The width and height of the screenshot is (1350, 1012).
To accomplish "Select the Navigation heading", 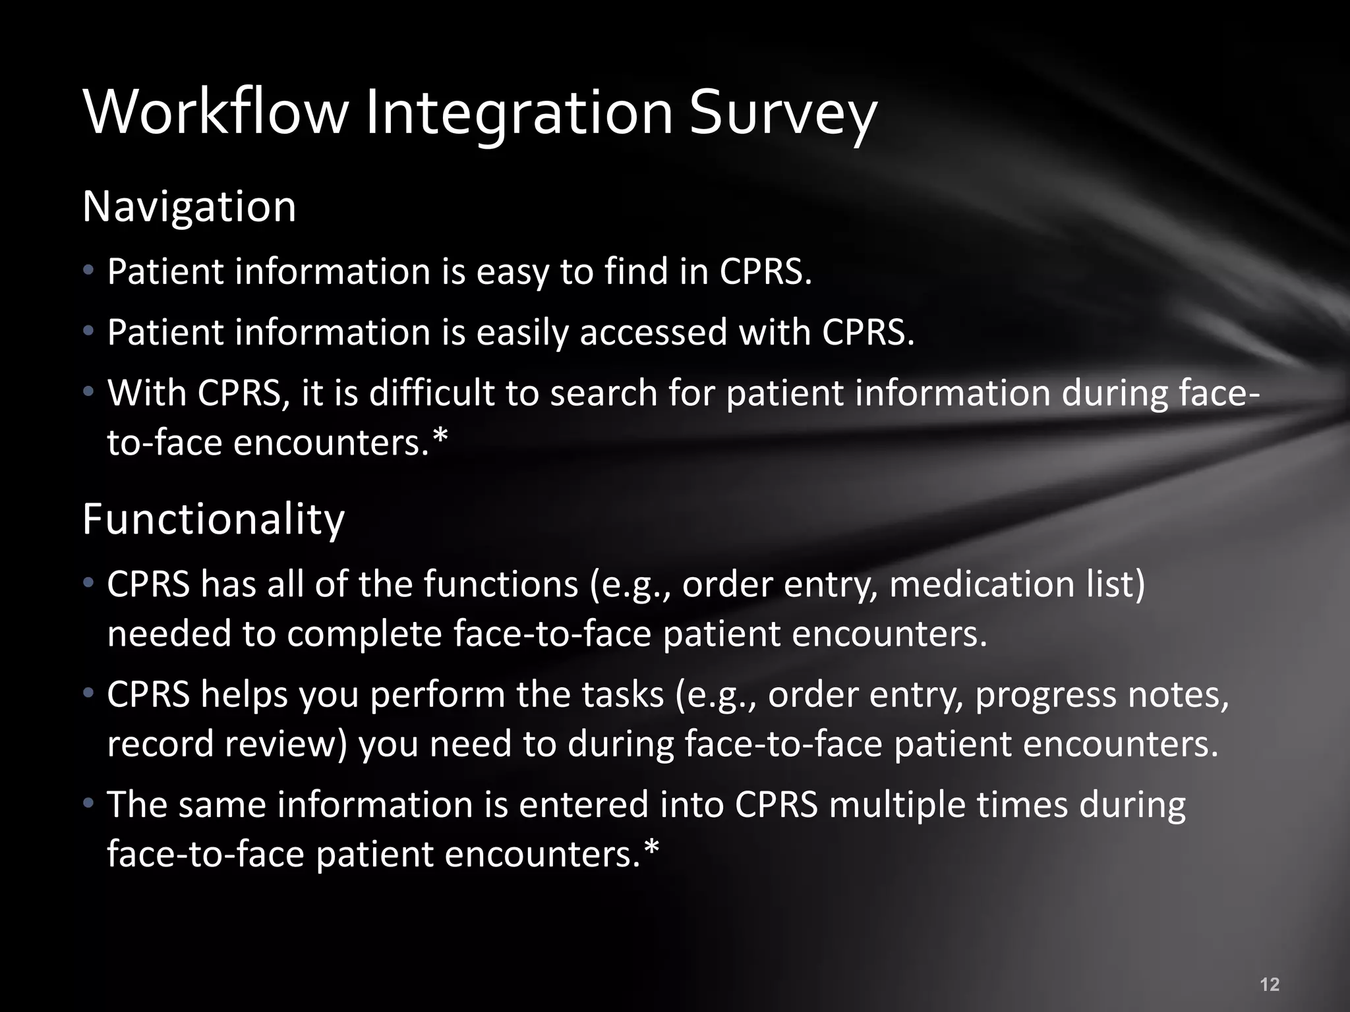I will click(x=189, y=207).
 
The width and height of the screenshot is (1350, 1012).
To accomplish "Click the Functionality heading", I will click(x=214, y=520).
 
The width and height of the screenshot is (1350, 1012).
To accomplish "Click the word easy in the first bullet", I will click(x=512, y=272).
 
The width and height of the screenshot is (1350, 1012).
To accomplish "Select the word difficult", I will click(x=431, y=393).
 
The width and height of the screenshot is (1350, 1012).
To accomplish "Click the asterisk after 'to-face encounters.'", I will click(x=440, y=437).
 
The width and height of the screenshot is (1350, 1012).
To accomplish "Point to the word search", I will click(x=604, y=393).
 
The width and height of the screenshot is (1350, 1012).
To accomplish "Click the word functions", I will click(x=501, y=584).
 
